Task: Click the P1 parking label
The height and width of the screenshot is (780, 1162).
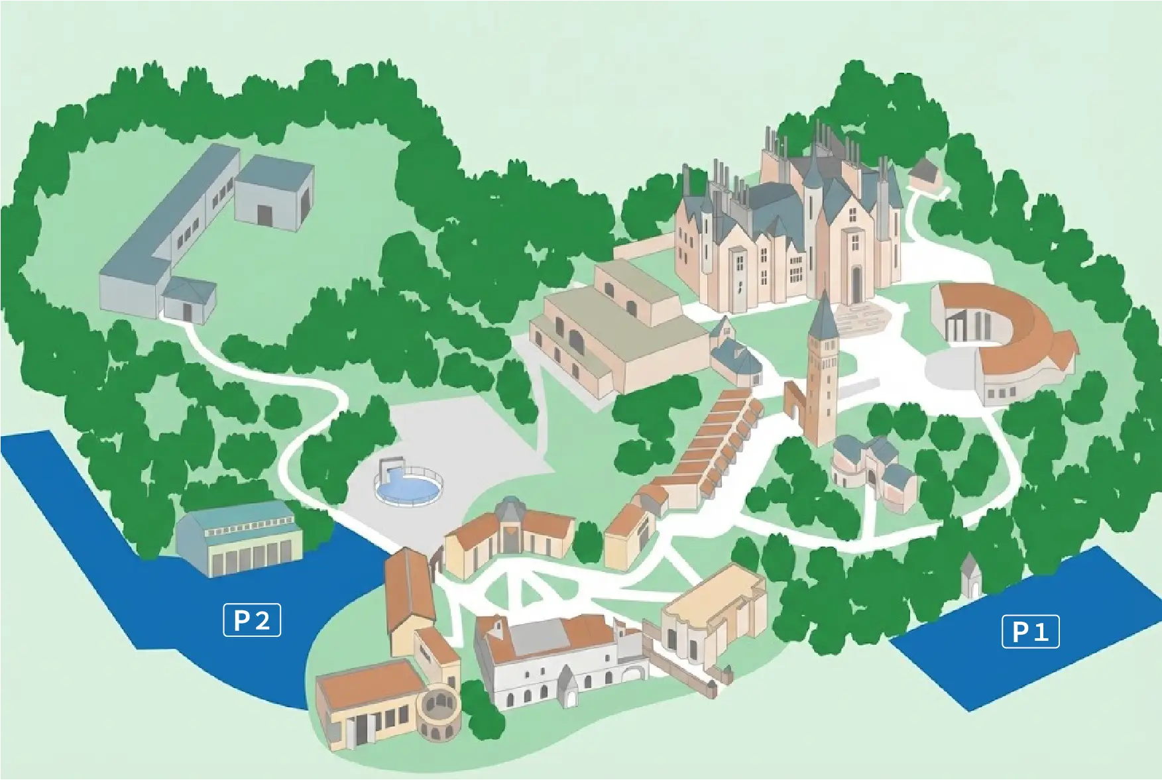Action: click(x=1030, y=632)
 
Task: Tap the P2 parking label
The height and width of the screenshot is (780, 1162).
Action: click(x=252, y=620)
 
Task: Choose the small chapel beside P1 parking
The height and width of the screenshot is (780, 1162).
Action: click(x=970, y=575)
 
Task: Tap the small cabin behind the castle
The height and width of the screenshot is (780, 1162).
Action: click(x=925, y=174)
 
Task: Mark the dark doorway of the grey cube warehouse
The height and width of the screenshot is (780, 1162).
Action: click(x=265, y=215)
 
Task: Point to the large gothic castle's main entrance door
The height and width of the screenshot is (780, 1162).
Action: click(x=857, y=285)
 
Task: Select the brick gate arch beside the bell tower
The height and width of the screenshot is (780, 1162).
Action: click(x=793, y=400)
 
